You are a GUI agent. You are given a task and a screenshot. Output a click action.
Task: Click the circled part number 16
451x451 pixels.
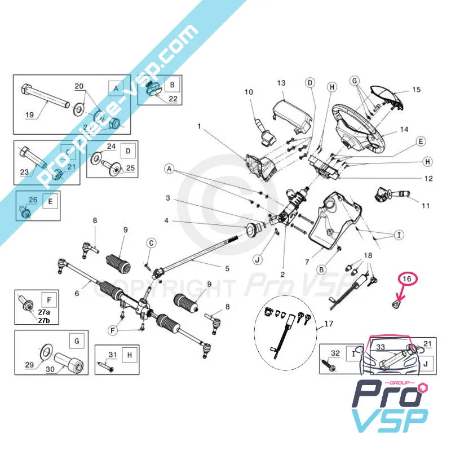[x=406, y=278]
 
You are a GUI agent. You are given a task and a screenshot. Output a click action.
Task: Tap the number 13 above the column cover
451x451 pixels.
[x=282, y=82]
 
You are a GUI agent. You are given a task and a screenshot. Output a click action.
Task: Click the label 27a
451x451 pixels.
[x=43, y=312]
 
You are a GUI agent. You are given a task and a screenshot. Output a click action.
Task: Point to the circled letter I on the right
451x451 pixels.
[x=399, y=234]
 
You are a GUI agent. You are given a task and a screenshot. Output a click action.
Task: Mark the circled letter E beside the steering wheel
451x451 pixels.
[x=421, y=142]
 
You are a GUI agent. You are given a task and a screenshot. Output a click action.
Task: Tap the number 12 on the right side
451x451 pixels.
[x=428, y=179]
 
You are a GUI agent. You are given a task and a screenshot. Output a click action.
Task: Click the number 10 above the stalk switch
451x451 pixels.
[x=249, y=91]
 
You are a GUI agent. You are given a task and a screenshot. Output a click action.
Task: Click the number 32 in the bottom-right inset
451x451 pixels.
[x=335, y=353]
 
